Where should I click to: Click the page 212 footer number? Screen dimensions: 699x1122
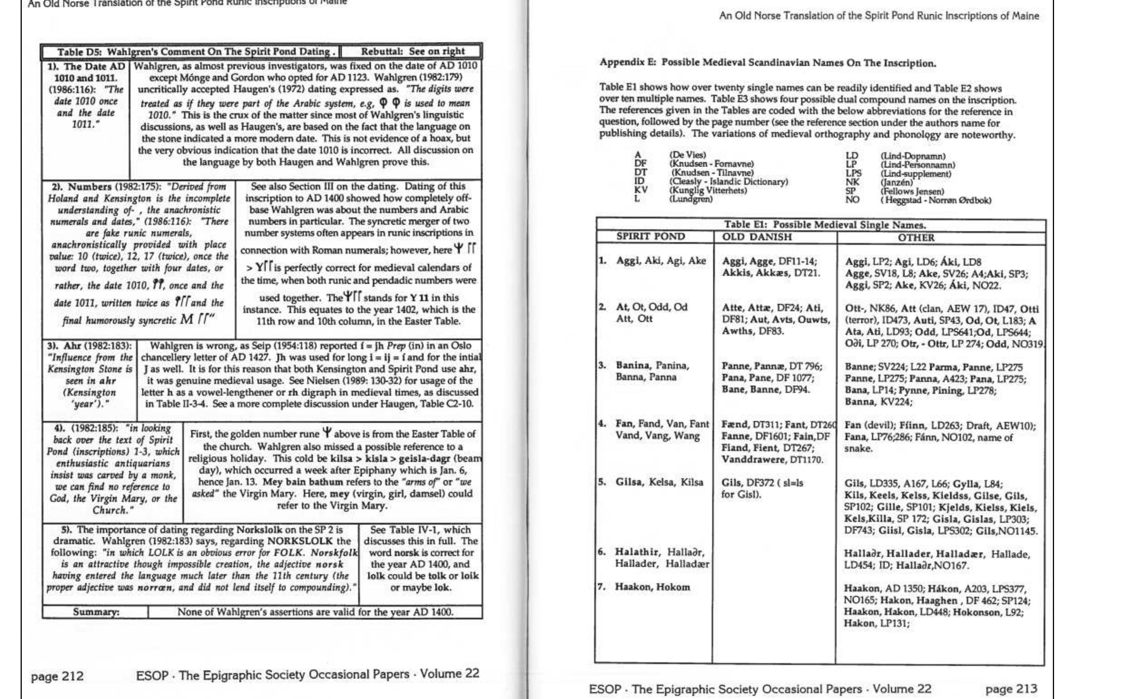[57, 676]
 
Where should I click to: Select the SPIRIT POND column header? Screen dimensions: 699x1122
[650, 237]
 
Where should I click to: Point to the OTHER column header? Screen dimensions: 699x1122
[916, 238]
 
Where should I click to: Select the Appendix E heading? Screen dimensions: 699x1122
[768, 63]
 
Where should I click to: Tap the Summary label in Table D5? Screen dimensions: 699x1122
[96, 612]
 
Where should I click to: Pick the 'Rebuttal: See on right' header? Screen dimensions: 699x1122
[412, 51]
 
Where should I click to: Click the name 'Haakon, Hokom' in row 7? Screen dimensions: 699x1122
[652, 587]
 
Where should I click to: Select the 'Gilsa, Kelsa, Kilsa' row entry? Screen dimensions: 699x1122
[659, 482]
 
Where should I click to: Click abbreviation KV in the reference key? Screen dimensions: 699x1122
[641, 190]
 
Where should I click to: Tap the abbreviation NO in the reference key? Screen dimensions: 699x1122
[852, 200]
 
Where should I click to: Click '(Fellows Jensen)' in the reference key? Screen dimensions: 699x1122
[912, 191]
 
